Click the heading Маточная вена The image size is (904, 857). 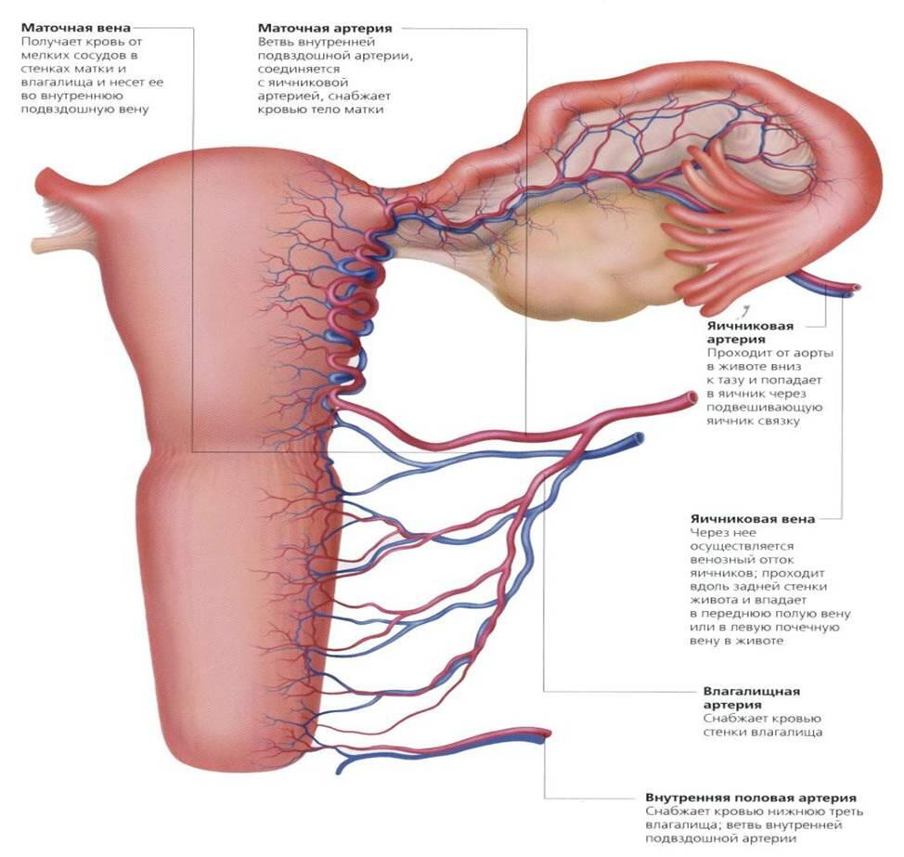(x=75, y=28)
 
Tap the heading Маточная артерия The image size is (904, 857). (x=325, y=28)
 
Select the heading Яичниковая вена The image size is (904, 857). (x=753, y=518)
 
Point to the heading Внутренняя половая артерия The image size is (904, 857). (x=751, y=798)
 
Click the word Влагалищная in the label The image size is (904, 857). (x=751, y=691)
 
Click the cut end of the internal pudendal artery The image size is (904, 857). (x=546, y=733)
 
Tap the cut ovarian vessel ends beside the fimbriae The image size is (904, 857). (x=852, y=290)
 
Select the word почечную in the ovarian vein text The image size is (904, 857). (x=810, y=627)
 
